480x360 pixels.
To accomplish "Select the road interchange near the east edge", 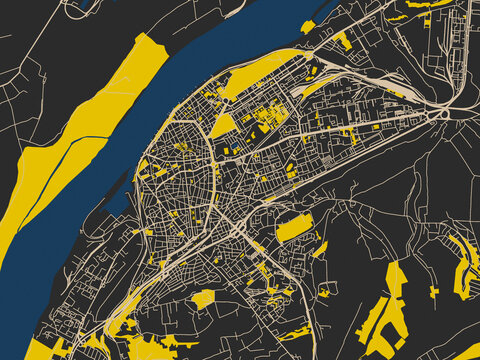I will (x=441, y=114).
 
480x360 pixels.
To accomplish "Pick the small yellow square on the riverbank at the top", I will (x=308, y=27).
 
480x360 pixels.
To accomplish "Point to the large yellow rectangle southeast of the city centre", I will (x=294, y=228).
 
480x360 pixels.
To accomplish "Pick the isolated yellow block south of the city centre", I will (x=203, y=298).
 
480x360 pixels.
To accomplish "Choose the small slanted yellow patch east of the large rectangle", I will (x=320, y=249).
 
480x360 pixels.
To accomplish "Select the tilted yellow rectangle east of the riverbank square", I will (x=342, y=41).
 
